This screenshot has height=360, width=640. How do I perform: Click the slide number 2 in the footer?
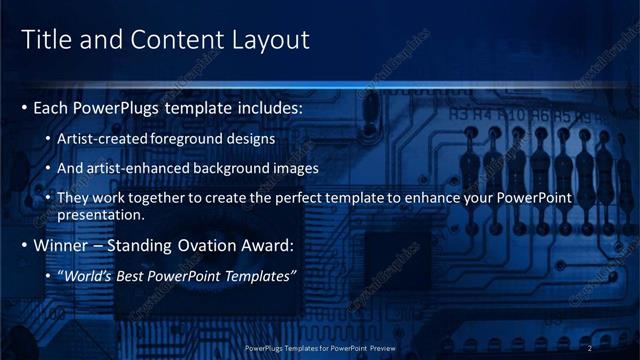point(590,348)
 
